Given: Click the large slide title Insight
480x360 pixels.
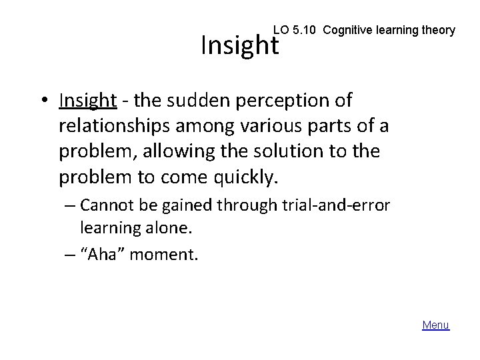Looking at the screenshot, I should tap(239, 46).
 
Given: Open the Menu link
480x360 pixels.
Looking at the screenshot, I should tap(436, 325).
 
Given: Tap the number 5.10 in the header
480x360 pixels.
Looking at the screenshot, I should tap(300, 30).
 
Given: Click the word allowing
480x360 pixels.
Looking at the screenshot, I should tap(172, 151).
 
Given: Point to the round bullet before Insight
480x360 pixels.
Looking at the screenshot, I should tap(44, 101).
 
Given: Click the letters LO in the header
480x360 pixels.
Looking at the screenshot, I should tap(281, 30).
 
